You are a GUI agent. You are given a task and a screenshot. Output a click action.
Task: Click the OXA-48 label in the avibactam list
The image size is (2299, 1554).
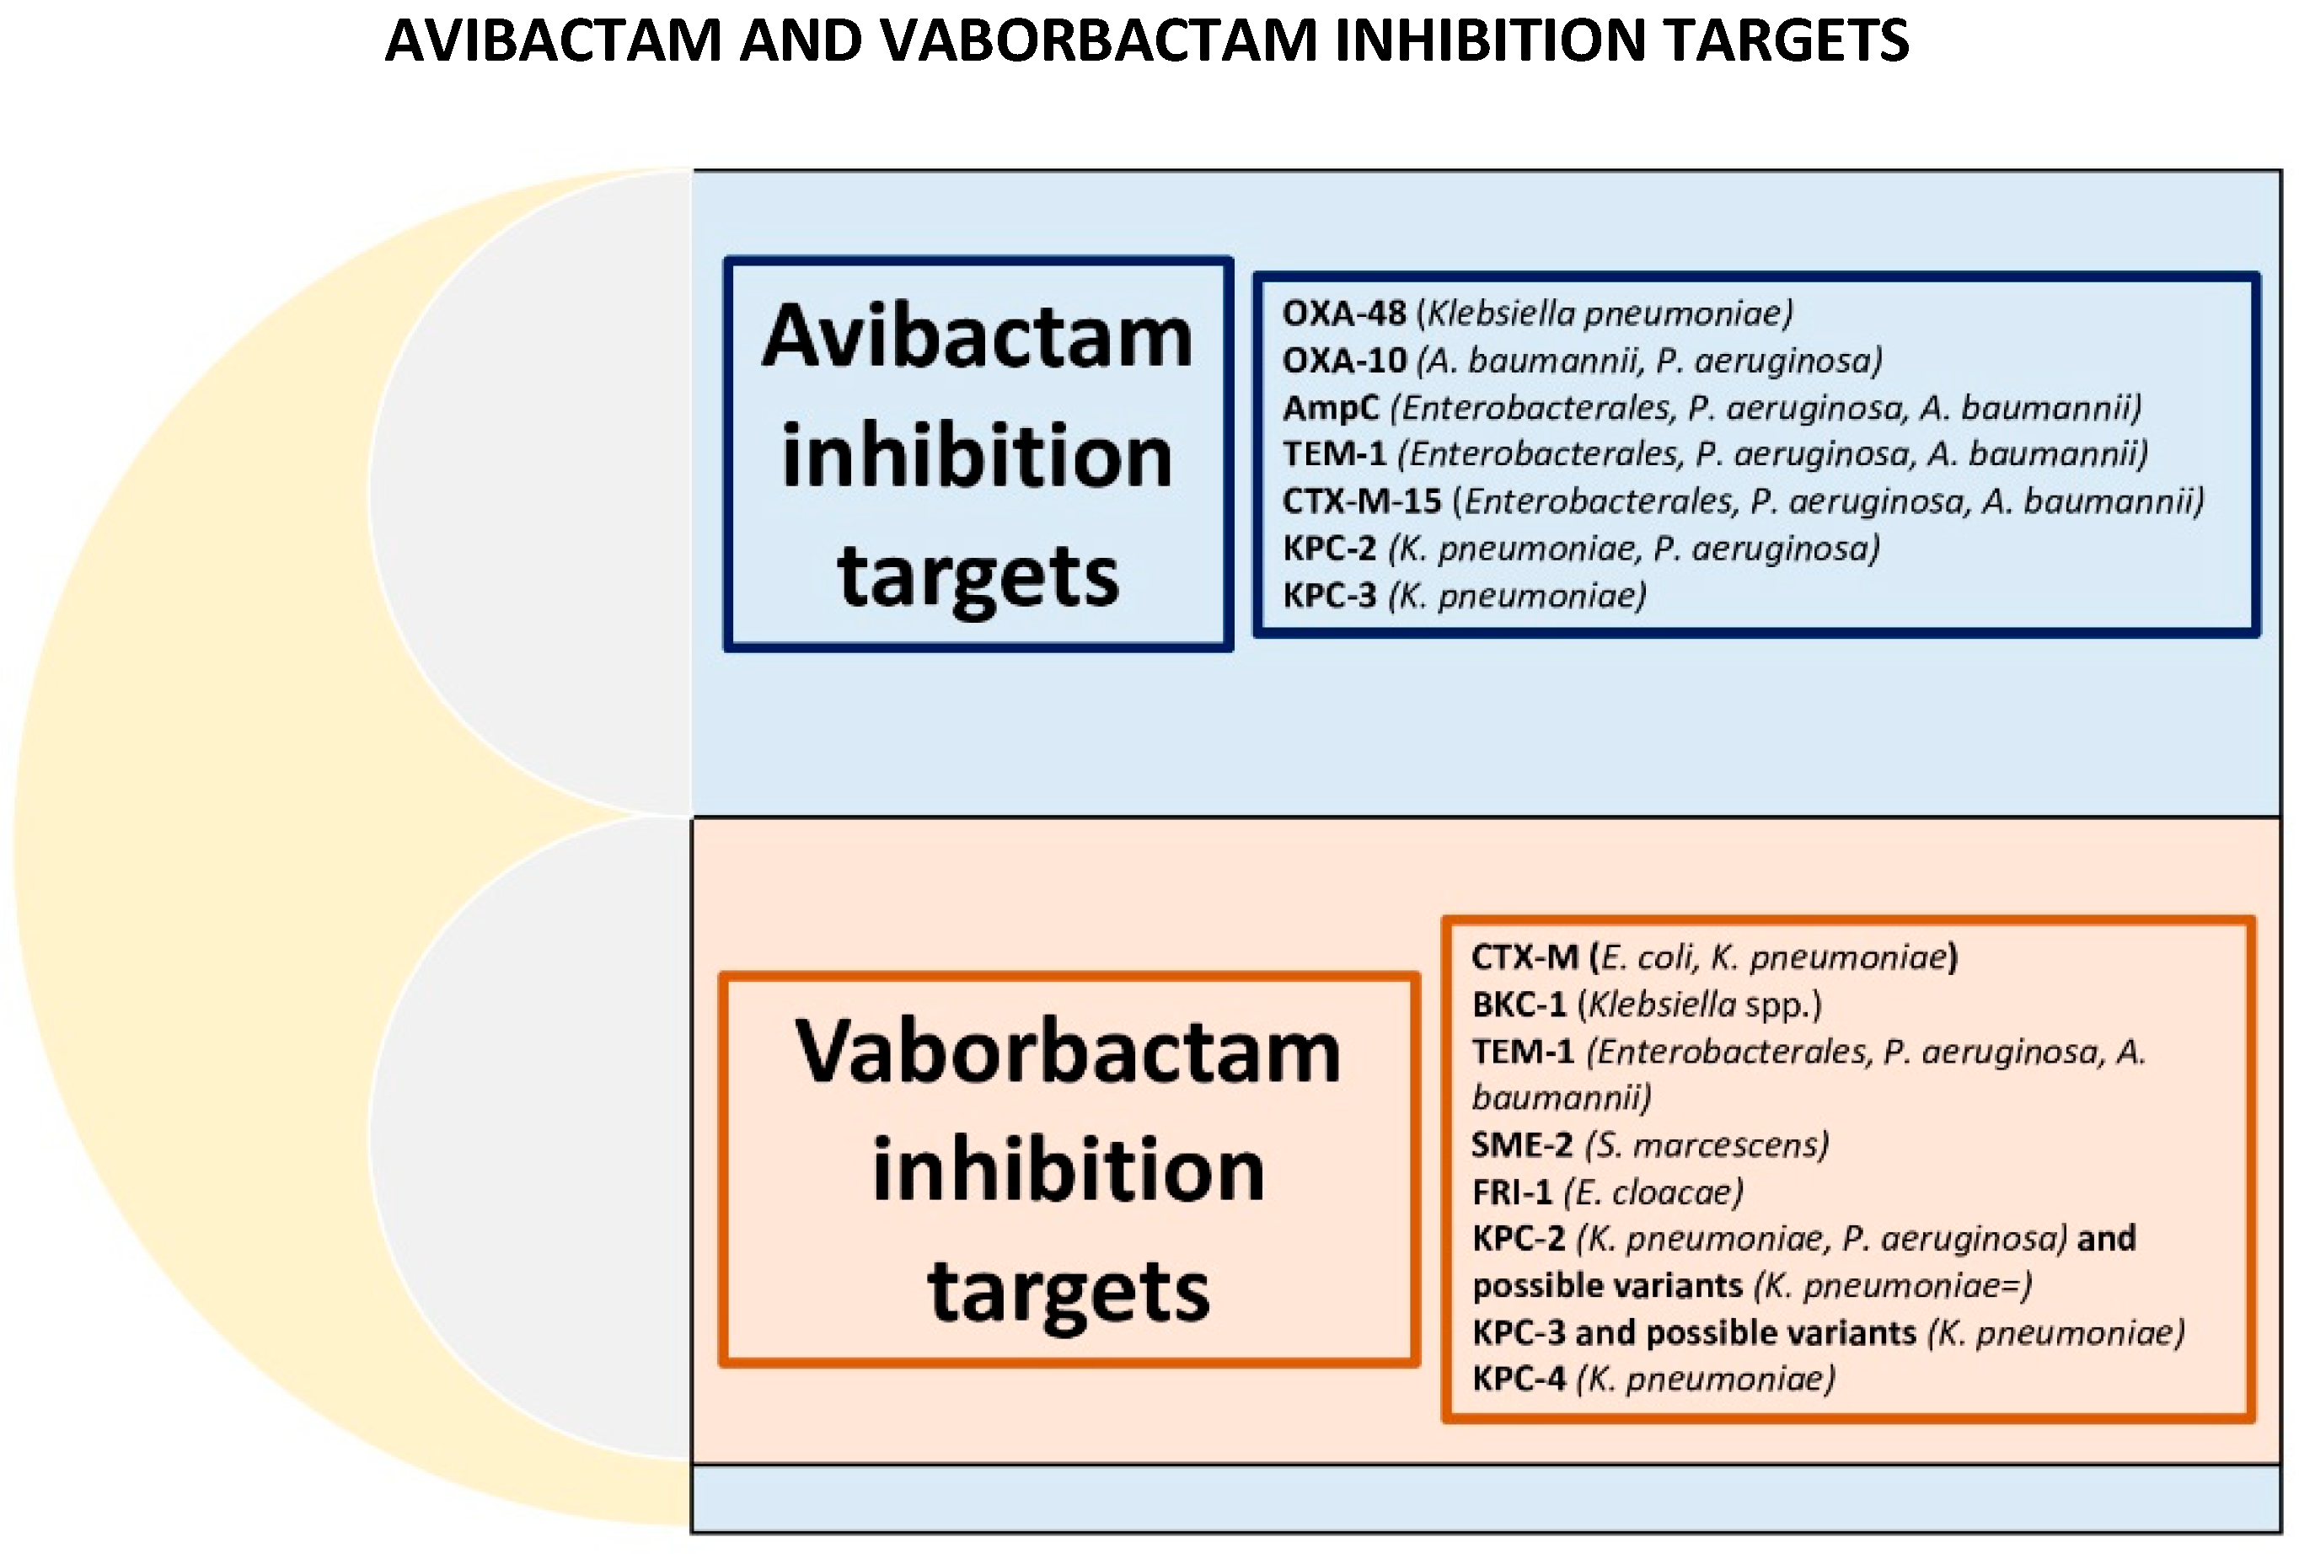pyautogui.click(x=1342, y=313)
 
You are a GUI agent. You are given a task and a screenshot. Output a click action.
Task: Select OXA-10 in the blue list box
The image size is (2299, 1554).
pyautogui.click(x=1343, y=360)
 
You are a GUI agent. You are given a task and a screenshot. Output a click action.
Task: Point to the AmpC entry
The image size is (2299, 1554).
pyautogui.click(x=1330, y=408)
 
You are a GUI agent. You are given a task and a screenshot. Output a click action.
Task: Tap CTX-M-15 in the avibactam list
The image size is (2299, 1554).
pyautogui.click(x=1361, y=501)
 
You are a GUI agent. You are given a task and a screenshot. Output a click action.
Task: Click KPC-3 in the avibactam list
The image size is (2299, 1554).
pyautogui.click(x=1328, y=596)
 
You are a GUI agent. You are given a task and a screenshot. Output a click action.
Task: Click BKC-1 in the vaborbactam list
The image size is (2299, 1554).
pyautogui.click(x=1519, y=1005)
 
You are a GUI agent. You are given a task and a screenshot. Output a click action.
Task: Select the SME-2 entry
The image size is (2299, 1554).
pyautogui.click(x=1521, y=1145)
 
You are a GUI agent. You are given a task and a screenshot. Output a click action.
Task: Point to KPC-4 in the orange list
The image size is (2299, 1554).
pyautogui.click(x=1519, y=1379)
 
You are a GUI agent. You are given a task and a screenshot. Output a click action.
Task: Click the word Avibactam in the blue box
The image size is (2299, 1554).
pyautogui.click(x=978, y=337)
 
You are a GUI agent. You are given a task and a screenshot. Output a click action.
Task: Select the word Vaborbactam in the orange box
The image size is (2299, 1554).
pyautogui.click(x=1069, y=1052)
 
